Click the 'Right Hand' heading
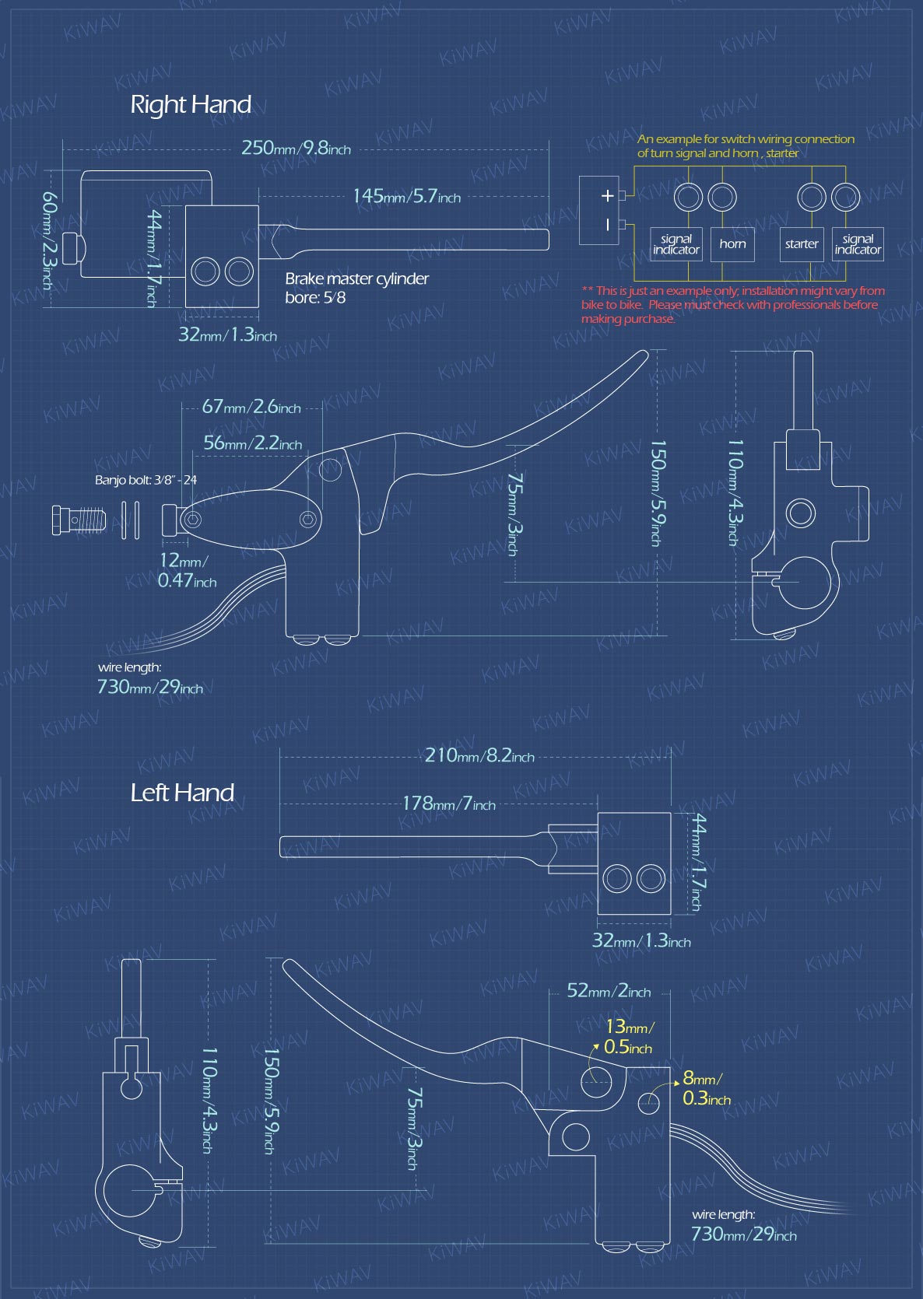(x=191, y=105)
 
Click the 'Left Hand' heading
(x=182, y=793)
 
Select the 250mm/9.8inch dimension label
(x=296, y=148)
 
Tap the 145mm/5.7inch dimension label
(x=407, y=196)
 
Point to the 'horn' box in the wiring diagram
(x=732, y=244)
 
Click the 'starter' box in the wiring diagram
(x=802, y=244)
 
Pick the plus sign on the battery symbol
(x=607, y=195)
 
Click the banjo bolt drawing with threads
(x=79, y=520)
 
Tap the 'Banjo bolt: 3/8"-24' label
(x=146, y=480)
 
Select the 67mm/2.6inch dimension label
(x=251, y=407)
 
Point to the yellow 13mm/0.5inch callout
(x=629, y=1036)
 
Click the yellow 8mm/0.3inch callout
(x=706, y=1087)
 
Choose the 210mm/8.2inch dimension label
(x=479, y=755)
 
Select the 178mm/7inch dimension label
(x=449, y=804)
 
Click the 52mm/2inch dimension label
(x=609, y=990)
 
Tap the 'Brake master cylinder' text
(x=356, y=279)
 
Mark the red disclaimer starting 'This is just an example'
(x=732, y=304)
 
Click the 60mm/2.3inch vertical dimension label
(x=50, y=240)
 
